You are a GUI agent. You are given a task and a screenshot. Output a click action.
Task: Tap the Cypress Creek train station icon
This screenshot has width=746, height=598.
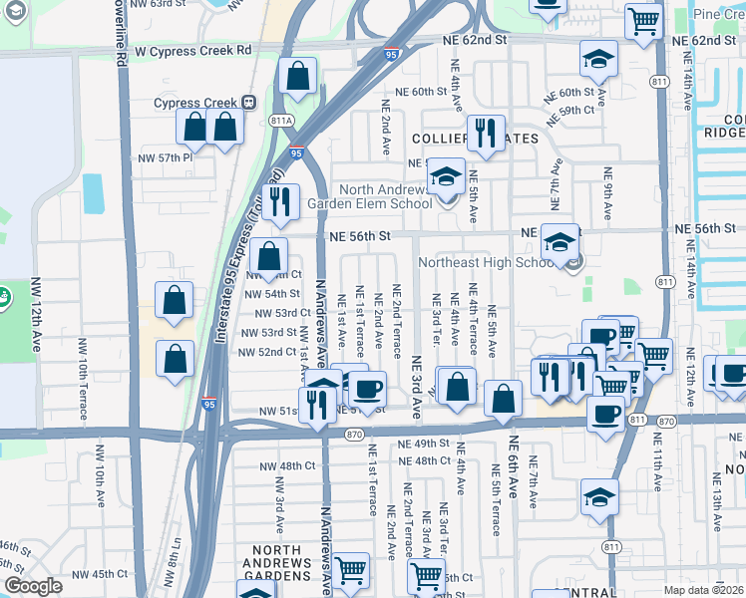point(247,103)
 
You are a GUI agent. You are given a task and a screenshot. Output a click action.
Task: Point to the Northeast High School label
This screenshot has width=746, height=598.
point(484,263)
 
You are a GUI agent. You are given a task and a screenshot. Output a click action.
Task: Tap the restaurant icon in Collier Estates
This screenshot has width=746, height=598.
point(485,133)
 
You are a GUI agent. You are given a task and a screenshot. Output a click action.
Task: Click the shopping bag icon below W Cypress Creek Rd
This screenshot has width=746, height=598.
point(297,75)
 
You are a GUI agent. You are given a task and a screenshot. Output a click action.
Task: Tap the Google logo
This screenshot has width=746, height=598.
point(33,586)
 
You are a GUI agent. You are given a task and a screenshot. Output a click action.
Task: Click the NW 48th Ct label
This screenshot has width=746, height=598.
point(283,465)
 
